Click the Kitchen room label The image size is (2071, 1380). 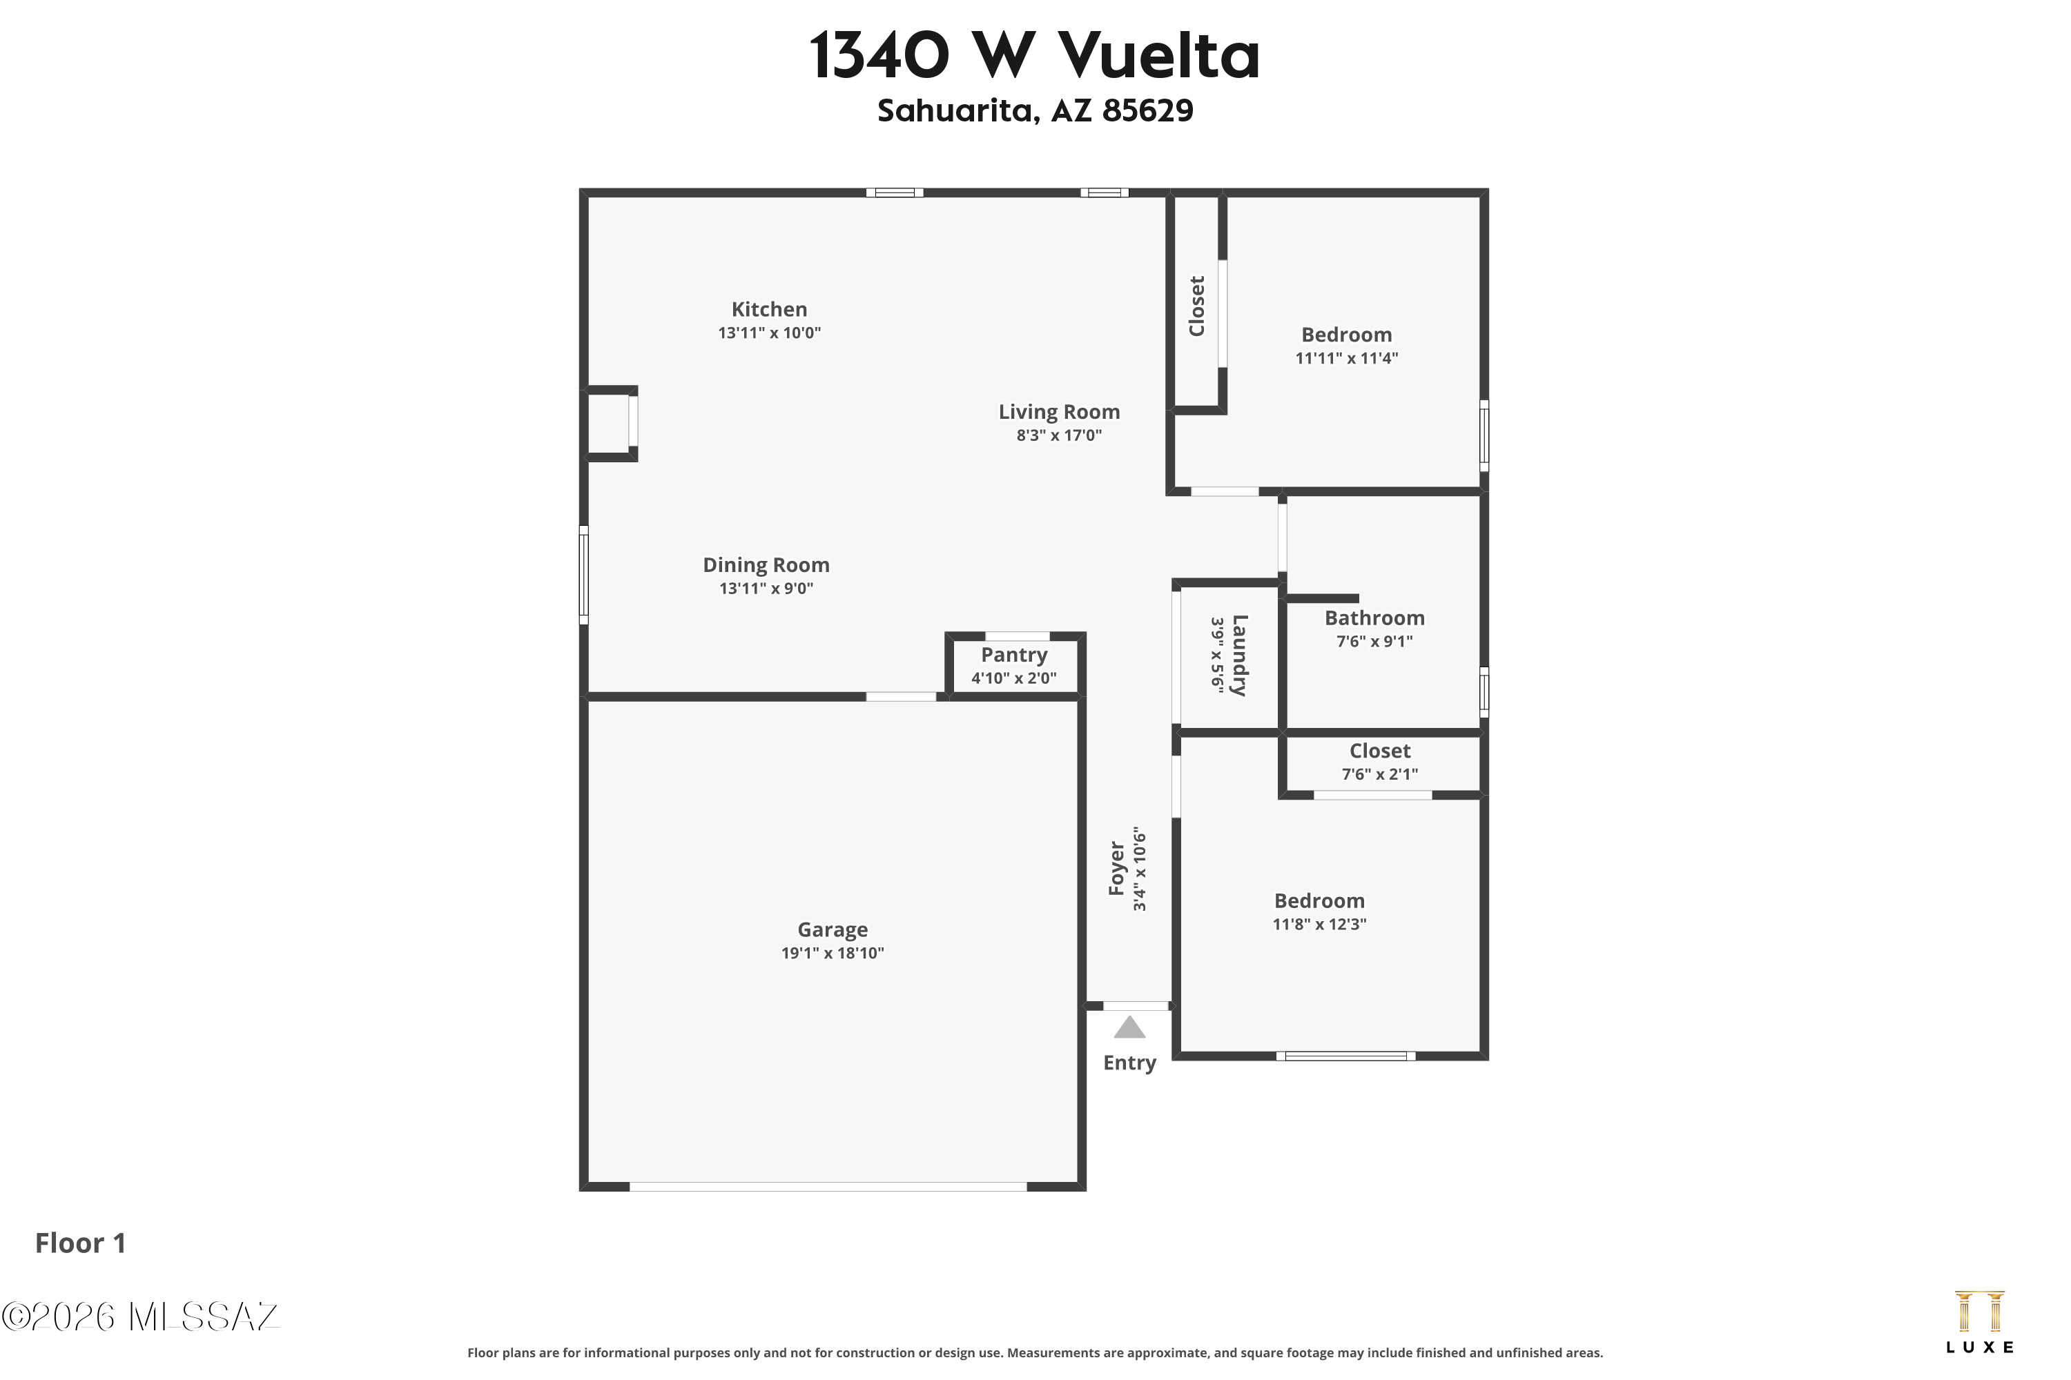(x=769, y=310)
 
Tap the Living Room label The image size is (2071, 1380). (x=1058, y=412)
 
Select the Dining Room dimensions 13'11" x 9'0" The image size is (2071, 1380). (x=766, y=589)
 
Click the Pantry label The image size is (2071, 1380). (x=1013, y=655)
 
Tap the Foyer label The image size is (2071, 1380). (x=1116, y=869)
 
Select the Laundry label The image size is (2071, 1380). (x=1239, y=655)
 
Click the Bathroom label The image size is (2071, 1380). (x=1374, y=619)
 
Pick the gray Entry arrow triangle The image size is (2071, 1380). (x=1129, y=1029)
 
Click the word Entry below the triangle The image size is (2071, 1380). (x=1129, y=1063)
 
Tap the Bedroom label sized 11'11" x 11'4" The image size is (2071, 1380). (x=1346, y=335)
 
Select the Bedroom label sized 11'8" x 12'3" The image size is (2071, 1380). (x=1319, y=901)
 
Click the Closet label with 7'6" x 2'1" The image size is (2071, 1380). (x=1380, y=751)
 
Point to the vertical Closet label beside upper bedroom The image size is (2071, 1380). (x=1196, y=306)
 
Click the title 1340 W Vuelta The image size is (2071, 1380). (x=1035, y=55)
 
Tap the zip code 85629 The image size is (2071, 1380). (x=1147, y=111)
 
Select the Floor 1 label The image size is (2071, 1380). (x=80, y=1243)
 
